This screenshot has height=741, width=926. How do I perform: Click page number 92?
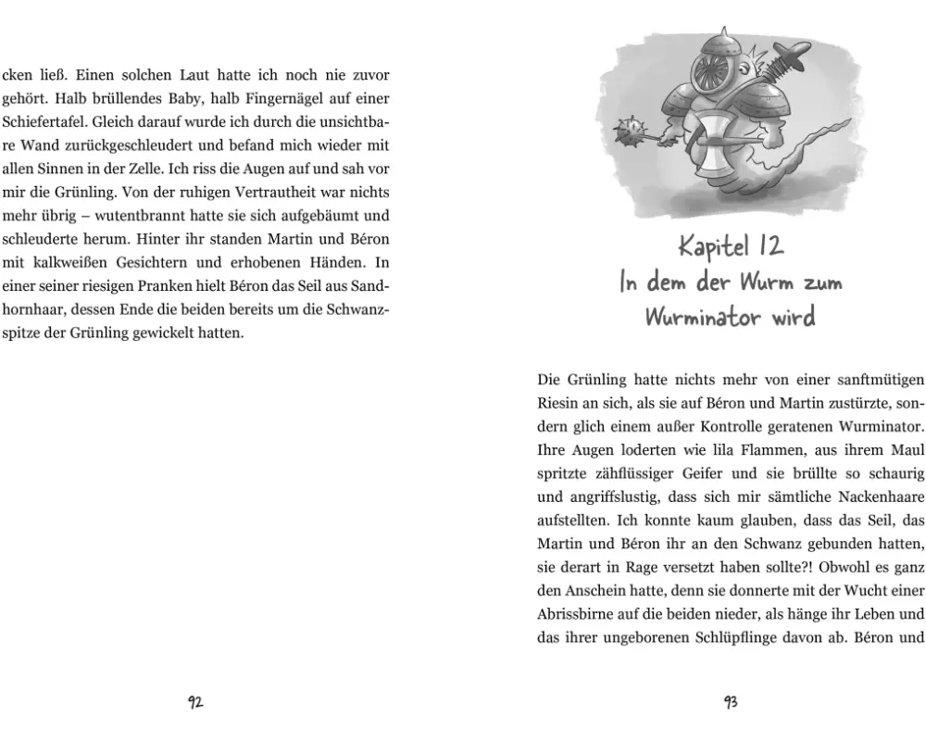click(195, 702)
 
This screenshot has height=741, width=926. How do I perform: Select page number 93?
click(731, 702)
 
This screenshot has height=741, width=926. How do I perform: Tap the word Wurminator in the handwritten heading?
click(698, 318)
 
